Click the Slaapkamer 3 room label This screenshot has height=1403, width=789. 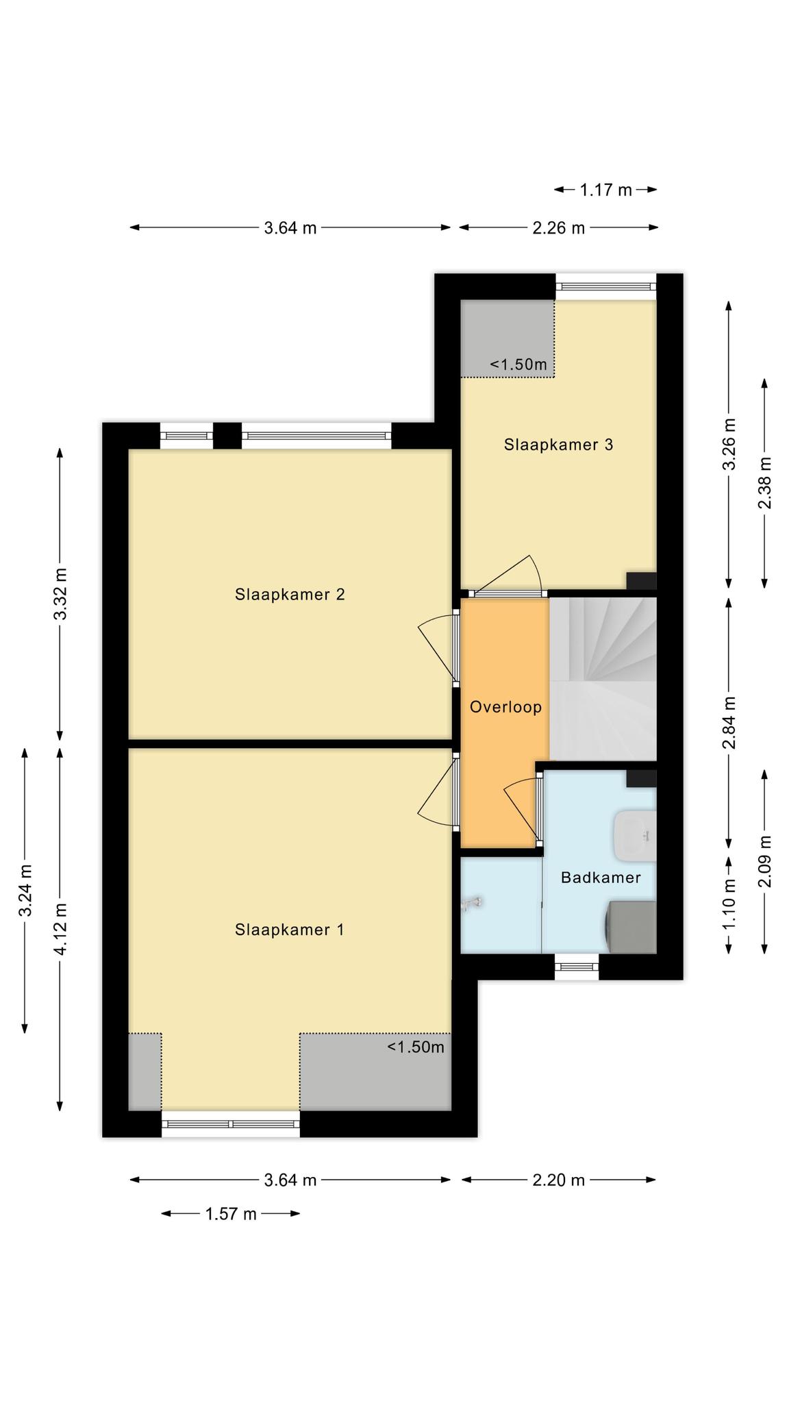558,445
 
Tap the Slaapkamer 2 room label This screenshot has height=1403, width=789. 290,594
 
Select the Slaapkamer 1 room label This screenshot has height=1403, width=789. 289,930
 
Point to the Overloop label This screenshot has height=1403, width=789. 505,707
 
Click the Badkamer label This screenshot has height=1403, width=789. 601,878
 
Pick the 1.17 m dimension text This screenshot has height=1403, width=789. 605,190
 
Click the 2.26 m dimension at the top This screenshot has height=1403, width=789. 559,227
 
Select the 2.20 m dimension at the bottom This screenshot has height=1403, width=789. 559,1180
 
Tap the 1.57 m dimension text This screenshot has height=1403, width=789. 231,1214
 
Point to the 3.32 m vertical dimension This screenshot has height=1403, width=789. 60,594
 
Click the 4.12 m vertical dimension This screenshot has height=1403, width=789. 60,929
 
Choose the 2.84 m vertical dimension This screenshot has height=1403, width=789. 730,722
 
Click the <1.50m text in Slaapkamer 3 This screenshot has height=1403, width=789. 518,364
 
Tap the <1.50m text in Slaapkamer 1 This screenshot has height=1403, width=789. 416,1047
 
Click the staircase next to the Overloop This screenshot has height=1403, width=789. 603,679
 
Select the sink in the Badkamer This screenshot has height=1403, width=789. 636,836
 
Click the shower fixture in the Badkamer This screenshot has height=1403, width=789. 472,904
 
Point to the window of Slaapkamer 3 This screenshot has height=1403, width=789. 605,287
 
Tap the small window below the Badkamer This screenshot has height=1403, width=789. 577,967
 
